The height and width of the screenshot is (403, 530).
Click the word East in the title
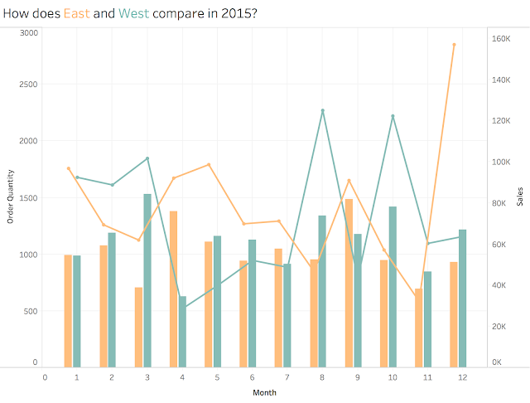(x=77, y=13)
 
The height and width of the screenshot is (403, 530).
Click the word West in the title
(x=133, y=13)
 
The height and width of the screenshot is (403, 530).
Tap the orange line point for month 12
(x=454, y=45)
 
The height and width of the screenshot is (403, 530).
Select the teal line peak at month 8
(x=322, y=110)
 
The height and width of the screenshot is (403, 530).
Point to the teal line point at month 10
(x=393, y=116)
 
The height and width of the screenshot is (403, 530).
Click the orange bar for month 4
(x=173, y=289)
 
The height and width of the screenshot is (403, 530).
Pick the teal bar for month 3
(x=147, y=280)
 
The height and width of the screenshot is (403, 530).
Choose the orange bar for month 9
(x=349, y=284)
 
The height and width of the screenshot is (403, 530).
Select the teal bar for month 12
(x=462, y=299)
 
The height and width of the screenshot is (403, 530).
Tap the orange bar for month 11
(x=419, y=328)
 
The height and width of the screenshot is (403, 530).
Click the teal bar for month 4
(x=182, y=332)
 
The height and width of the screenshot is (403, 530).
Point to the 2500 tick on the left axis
(x=28, y=85)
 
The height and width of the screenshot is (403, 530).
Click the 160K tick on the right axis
(x=501, y=39)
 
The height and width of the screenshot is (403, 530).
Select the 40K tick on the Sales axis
(x=499, y=285)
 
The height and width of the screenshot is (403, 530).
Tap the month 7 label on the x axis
(x=287, y=377)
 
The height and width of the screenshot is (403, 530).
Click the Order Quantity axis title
(x=11, y=197)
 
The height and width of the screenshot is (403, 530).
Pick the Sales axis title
(x=520, y=197)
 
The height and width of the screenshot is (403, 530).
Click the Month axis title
(x=265, y=392)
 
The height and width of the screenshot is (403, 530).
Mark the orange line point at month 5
(x=209, y=165)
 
